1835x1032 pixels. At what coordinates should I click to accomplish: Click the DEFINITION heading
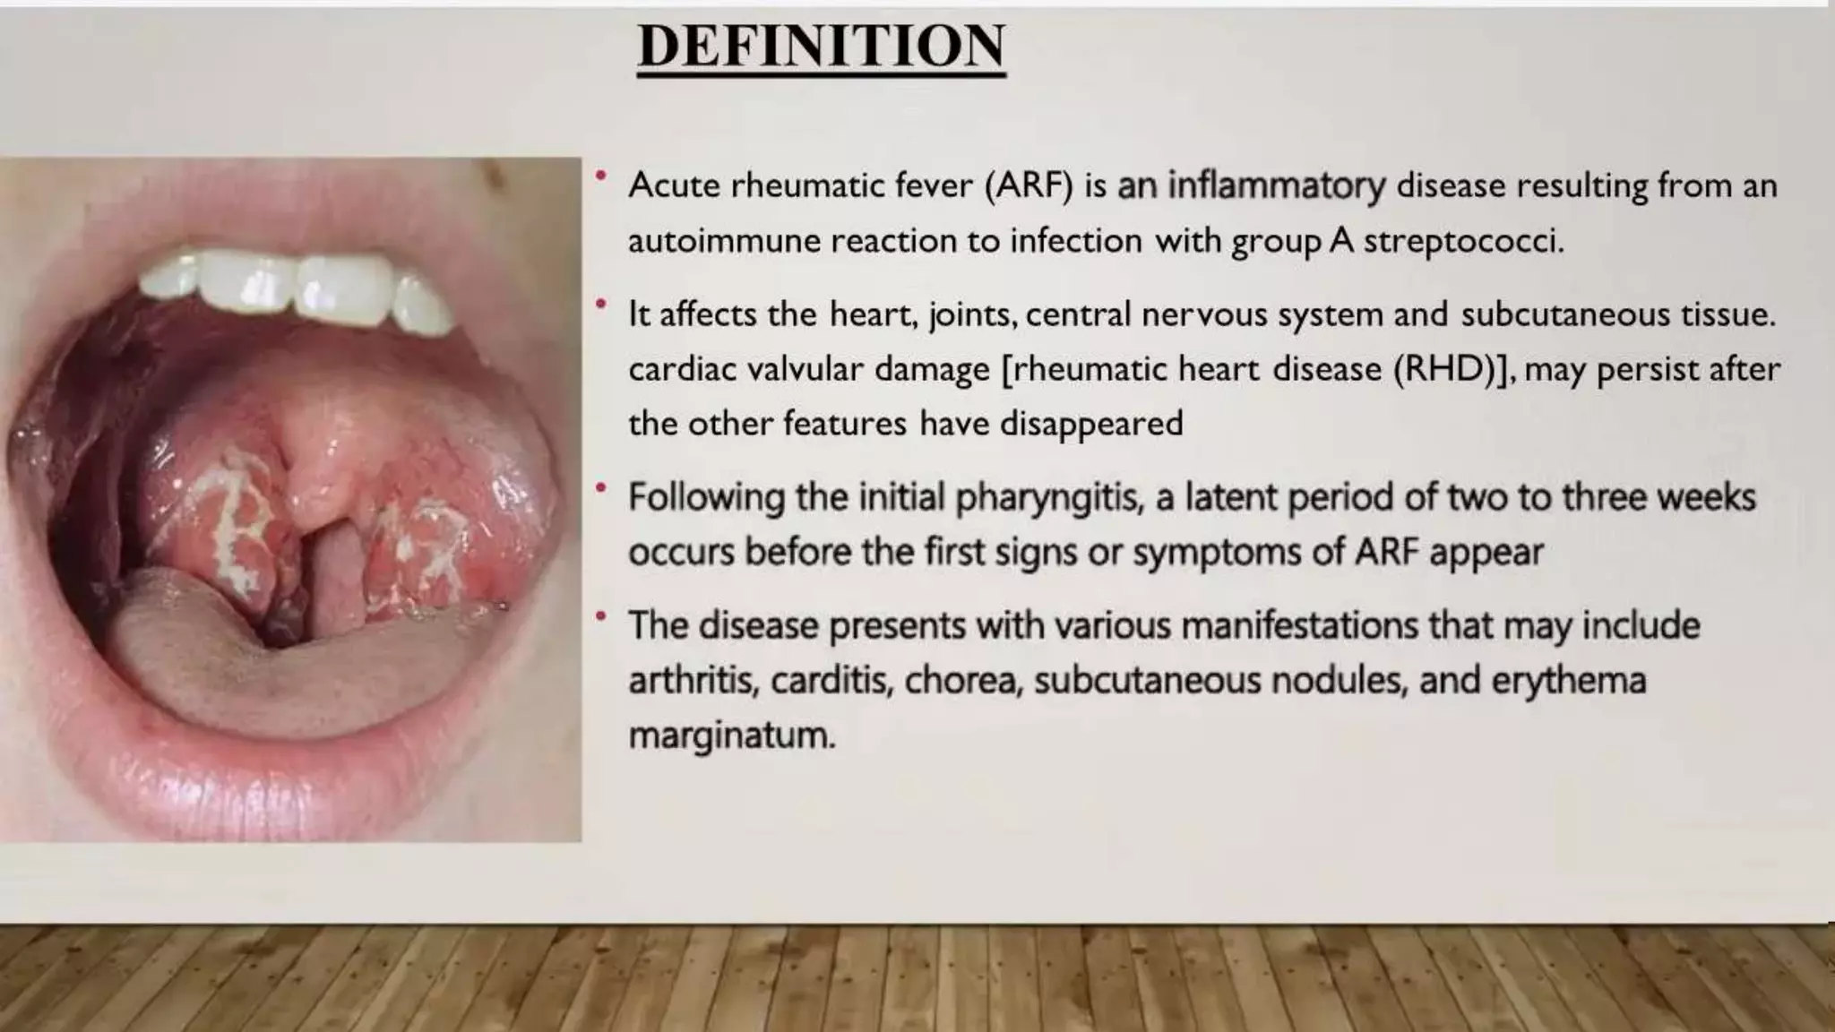pyautogui.click(x=821, y=47)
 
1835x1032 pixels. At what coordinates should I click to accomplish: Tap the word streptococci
pyautogui.click(x=1463, y=241)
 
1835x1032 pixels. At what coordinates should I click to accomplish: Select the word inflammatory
pyautogui.click(x=1277, y=186)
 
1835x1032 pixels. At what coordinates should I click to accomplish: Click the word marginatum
pyautogui.click(x=731, y=736)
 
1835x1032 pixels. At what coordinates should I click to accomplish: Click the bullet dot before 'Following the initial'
pyautogui.click(x=601, y=488)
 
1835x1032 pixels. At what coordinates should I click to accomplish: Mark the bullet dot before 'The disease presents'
pyautogui.click(x=601, y=616)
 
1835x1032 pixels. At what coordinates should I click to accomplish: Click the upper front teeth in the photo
pyautogui.click(x=296, y=287)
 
